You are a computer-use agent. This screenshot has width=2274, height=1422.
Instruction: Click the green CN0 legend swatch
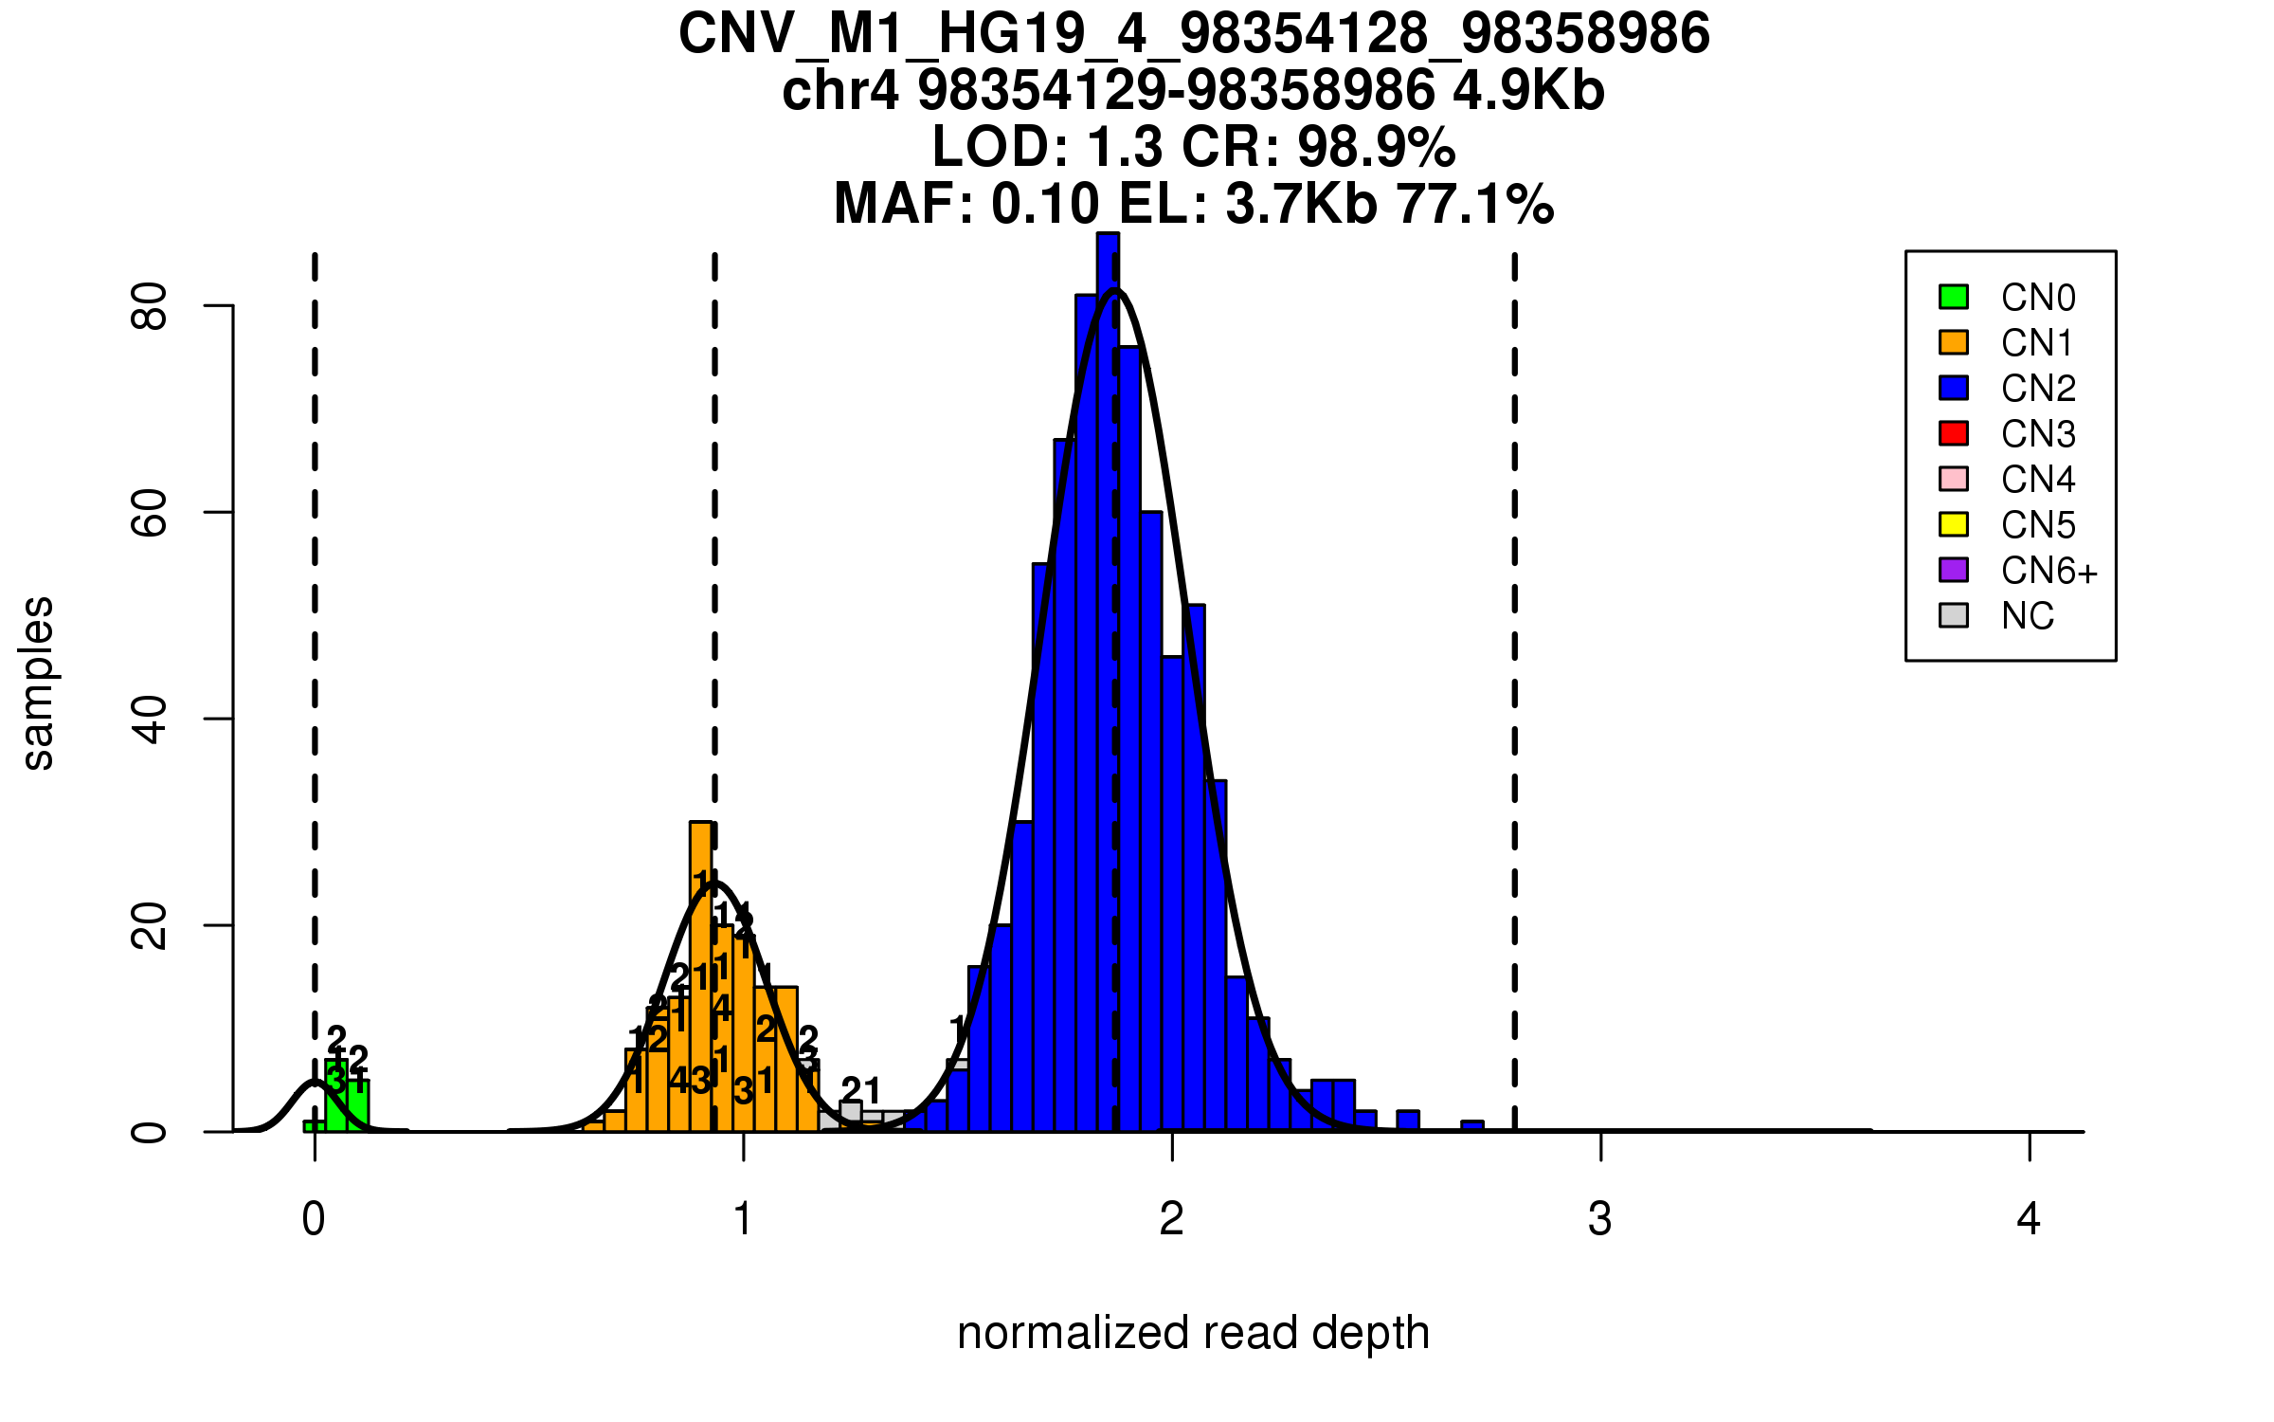1954,297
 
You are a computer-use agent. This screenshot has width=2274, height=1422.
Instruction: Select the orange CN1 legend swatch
1954,342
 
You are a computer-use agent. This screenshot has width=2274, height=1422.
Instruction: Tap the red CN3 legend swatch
1954,433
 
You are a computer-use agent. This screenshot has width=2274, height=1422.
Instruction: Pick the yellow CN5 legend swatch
1954,524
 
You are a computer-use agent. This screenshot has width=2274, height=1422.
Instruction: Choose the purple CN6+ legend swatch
1954,570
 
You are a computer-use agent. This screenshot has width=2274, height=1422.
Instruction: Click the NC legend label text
2028,616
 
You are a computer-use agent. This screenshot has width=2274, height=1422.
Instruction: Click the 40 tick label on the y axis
150,719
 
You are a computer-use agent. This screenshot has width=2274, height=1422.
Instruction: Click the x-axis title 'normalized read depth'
1193,1333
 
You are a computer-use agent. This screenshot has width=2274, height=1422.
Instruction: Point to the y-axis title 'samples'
38,683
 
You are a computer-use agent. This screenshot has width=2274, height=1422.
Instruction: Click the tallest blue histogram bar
1108,683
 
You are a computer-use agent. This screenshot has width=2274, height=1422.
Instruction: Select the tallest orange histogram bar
701,976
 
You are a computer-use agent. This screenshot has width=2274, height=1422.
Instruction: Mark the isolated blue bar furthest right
1472,1126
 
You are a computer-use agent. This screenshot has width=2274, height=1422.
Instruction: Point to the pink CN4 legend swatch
1954,479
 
